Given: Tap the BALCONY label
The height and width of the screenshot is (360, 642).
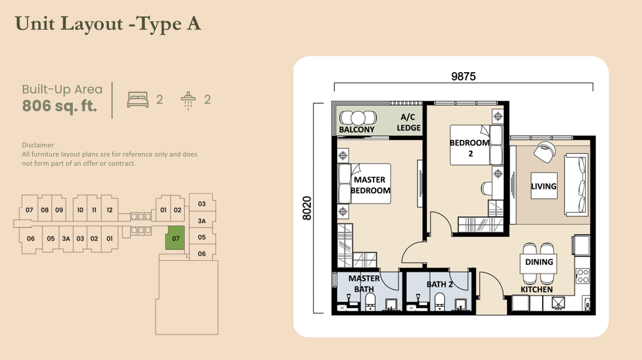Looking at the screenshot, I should tap(357, 130).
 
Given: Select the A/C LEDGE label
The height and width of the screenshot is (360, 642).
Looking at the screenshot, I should tap(409, 123).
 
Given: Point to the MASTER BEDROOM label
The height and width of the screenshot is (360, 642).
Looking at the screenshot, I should tap(370, 185).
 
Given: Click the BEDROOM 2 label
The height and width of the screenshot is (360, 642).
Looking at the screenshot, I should tap(469, 148).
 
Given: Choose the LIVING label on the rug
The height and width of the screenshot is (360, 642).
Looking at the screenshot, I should tap(543, 186).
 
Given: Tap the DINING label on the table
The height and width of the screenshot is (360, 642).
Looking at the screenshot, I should tap(539, 262).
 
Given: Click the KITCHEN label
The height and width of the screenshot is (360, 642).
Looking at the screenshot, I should tap(537, 289).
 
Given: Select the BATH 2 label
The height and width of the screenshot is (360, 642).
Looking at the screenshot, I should tap(440, 284).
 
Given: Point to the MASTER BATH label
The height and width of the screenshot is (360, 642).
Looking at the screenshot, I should tap(364, 283).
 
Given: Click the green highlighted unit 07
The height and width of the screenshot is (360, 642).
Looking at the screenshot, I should tap(176, 238).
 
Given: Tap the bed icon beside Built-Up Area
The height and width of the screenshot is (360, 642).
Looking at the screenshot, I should tap(138, 100).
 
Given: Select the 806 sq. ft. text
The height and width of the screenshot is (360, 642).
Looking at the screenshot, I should tap(59, 106).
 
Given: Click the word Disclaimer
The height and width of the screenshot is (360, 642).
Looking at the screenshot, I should tap(38, 145).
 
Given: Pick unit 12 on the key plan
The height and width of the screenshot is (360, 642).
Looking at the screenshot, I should tap(109, 210).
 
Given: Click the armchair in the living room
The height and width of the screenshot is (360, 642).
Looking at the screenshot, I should tap(543, 151).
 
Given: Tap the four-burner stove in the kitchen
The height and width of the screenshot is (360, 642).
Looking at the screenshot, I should tap(582, 275).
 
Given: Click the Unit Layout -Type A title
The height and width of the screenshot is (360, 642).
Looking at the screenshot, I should tap(108, 24).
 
